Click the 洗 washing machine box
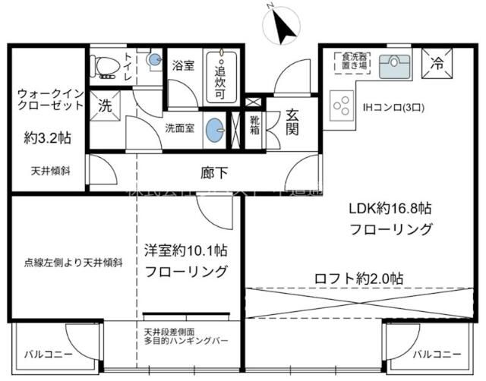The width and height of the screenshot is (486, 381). coord(104,107)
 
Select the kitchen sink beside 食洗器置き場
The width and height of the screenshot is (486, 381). coord(393,67)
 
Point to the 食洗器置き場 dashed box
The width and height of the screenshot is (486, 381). coord(354,61)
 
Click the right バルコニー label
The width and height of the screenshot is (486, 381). coord(437,354)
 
